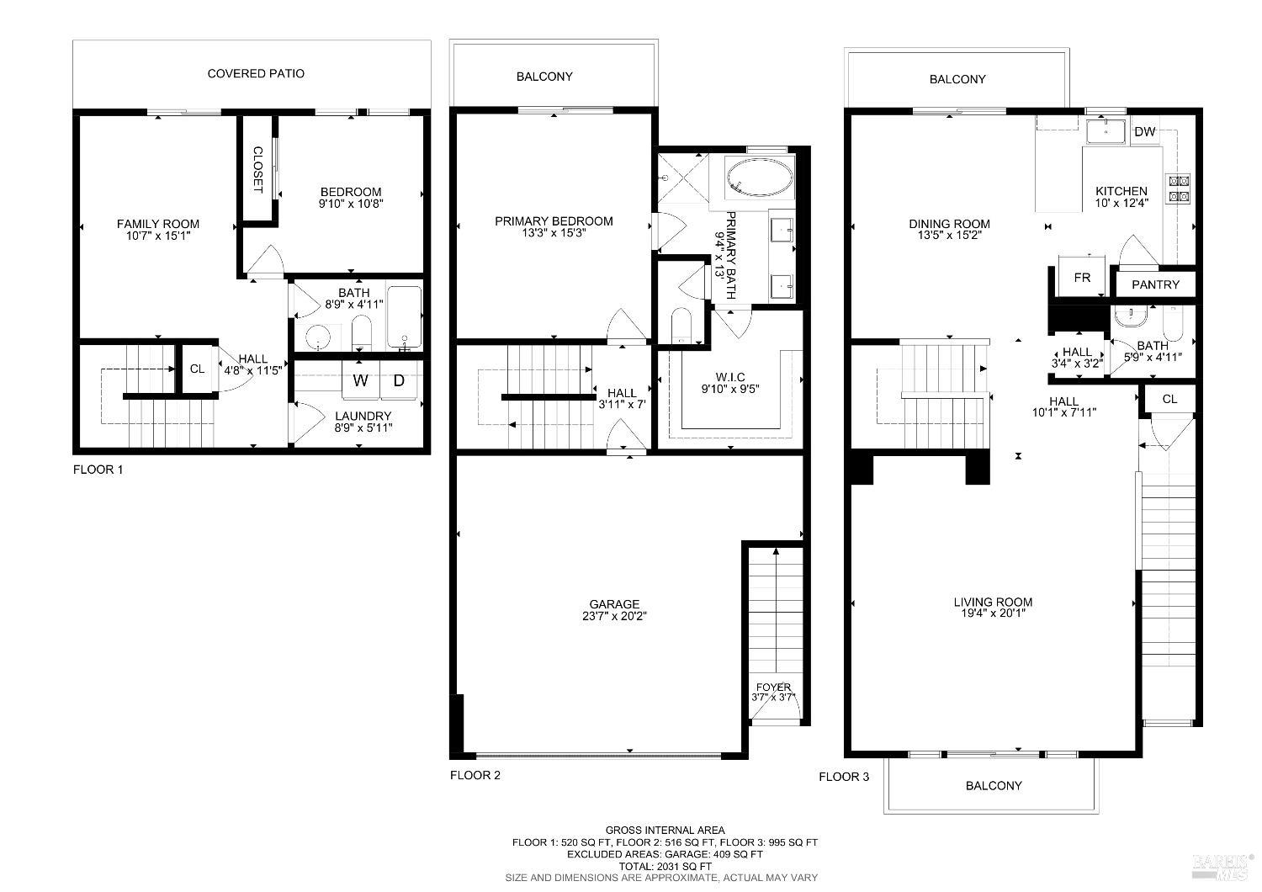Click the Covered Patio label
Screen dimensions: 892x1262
click(x=256, y=74)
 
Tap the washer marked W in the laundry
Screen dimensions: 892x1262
click(x=360, y=380)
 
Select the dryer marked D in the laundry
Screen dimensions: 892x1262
click(x=399, y=380)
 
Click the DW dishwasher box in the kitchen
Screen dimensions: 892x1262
click(x=1144, y=132)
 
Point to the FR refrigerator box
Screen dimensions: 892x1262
click(x=1082, y=278)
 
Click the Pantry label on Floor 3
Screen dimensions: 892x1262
click(x=1155, y=285)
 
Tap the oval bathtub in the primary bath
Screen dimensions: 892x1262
click(x=759, y=179)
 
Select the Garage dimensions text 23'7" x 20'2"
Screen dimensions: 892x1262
click(x=614, y=616)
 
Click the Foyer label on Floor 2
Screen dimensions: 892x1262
click(x=773, y=688)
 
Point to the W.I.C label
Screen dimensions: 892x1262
click(x=730, y=376)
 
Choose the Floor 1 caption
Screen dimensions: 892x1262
click(x=98, y=470)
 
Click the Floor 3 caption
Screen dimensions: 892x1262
click(x=844, y=777)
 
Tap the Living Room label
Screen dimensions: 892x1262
click(x=993, y=602)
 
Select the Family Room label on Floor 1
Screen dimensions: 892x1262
click(x=158, y=224)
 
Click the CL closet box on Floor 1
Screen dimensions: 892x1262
click(x=197, y=369)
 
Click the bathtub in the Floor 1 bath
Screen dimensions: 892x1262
click(x=404, y=318)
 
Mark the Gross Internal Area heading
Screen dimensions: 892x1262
click(x=665, y=831)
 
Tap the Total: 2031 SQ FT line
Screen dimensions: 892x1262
click(x=665, y=866)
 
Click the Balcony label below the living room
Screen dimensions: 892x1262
click(x=994, y=786)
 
